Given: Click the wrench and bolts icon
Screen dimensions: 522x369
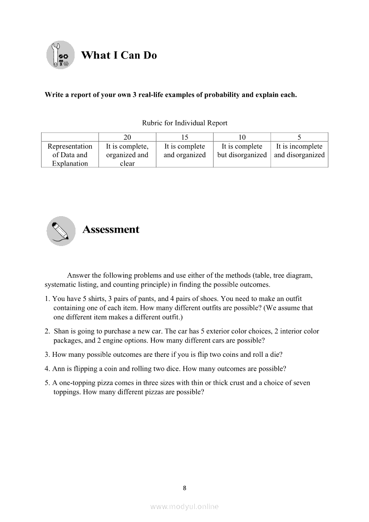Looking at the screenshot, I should [x=60, y=55].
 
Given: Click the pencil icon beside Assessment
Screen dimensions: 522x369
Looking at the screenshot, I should [x=60, y=230].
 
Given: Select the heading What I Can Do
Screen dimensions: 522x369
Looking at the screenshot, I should [x=119, y=55].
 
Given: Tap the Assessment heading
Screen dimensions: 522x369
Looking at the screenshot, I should [x=111, y=230].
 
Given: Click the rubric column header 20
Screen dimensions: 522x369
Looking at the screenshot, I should [x=127, y=137].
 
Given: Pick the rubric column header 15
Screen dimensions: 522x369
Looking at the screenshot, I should [x=184, y=137].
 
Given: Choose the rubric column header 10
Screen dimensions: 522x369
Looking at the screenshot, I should [x=242, y=137].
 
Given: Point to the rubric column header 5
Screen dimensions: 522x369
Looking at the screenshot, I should [x=299, y=137].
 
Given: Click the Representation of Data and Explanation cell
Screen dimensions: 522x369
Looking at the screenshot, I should [x=70, y=155].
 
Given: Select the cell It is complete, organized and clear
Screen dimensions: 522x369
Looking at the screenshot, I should [x=127, y=155].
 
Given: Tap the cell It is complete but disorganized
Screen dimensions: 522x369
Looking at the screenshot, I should [x=242, y=150].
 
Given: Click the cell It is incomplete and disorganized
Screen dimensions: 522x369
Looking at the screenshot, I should [x=299, y=150].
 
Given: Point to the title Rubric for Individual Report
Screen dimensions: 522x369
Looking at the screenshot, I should [x=184, y=123].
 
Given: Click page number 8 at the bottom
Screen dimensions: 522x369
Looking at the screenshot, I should [x=184, y=488].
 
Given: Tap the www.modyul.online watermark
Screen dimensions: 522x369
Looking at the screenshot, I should [x=184, y=507].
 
